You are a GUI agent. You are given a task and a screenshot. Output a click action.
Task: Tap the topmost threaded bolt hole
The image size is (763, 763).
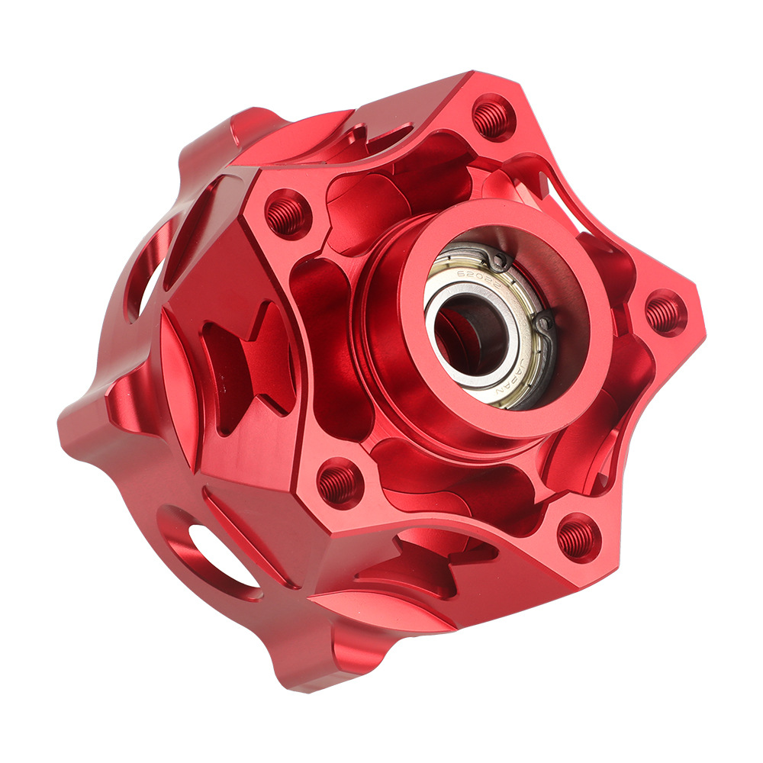(x=492, y=118)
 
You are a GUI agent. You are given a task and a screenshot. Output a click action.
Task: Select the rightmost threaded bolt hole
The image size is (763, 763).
(x=665, y=314)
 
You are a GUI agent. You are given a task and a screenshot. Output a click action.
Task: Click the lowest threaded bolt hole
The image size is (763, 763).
(x=577, y=537)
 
